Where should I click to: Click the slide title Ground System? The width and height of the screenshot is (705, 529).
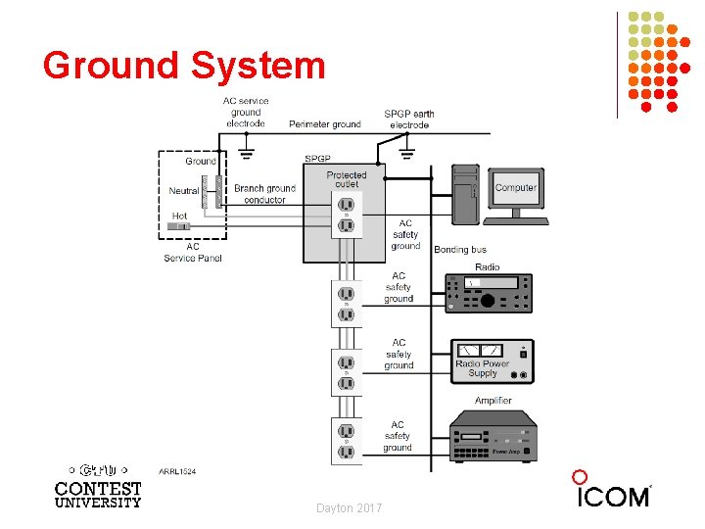tap(183, 66)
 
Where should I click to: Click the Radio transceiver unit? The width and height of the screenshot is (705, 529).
tap(489, 293)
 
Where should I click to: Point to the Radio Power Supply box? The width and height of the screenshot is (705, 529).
tap(489, 361)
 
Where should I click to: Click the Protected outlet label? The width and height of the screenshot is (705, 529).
tap(346, 180)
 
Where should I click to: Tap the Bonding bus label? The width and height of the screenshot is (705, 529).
tap(460, 250)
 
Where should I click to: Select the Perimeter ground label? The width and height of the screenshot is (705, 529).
tap(324, 124)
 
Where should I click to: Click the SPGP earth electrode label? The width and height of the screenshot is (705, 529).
tap(409, 120)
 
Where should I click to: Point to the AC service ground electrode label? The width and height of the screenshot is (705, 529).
tap(246, 112)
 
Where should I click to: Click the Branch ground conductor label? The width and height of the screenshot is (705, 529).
tap(264, 194)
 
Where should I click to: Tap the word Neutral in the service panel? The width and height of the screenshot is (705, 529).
tap(184, 191)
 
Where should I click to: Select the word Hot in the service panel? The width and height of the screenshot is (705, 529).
tap(179, 216)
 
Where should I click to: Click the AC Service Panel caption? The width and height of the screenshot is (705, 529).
tap(193, 253)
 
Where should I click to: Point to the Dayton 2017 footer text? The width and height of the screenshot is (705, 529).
tap(350, 507)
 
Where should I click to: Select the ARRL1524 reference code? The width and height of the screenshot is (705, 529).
tap(177, 471)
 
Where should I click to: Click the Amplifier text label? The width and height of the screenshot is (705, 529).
tap(493, 401)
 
